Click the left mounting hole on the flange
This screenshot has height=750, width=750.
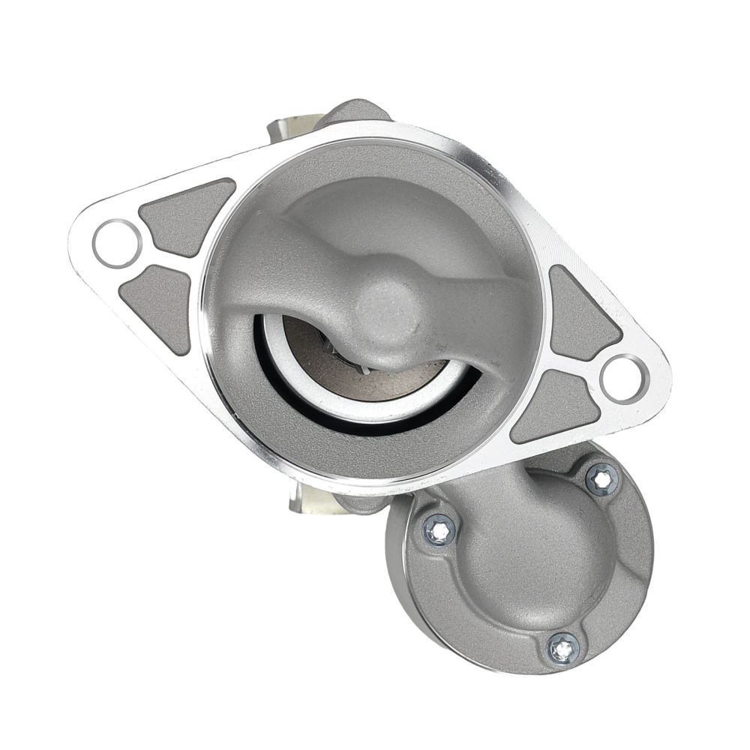117,243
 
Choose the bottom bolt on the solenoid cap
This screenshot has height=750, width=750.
562,647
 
